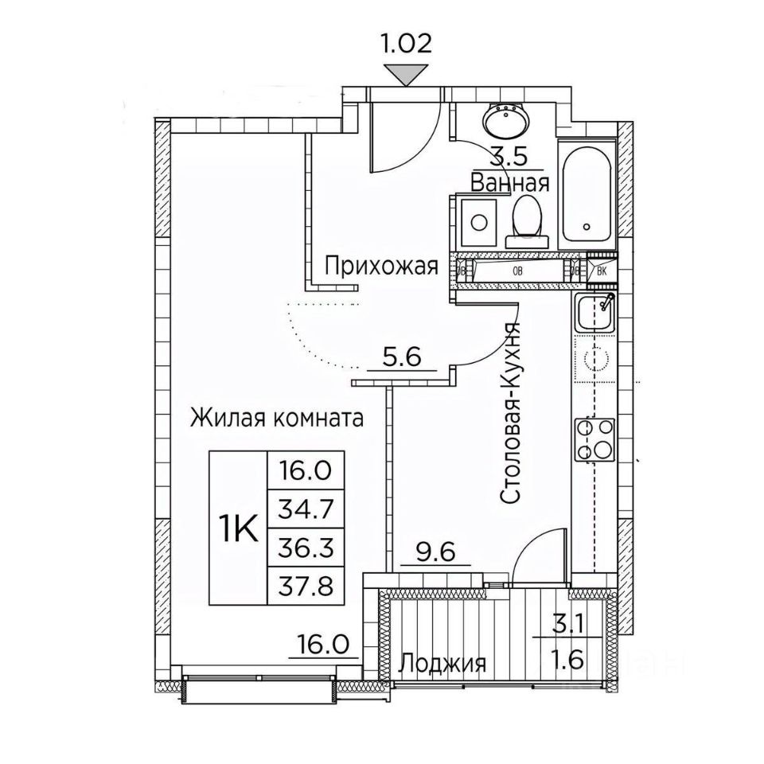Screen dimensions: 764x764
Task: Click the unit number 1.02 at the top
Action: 407,42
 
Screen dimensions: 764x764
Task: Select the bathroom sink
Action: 505,122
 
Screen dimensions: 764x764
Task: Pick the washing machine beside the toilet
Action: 480,220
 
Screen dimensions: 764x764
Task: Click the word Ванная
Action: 509,183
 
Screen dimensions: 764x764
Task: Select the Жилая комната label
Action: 277,417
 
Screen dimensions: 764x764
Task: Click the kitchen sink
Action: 594,313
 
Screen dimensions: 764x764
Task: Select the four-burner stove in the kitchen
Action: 594,440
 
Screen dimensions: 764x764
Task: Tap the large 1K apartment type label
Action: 236,528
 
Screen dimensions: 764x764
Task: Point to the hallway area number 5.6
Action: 401,359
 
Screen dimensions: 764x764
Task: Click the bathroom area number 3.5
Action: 509,158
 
